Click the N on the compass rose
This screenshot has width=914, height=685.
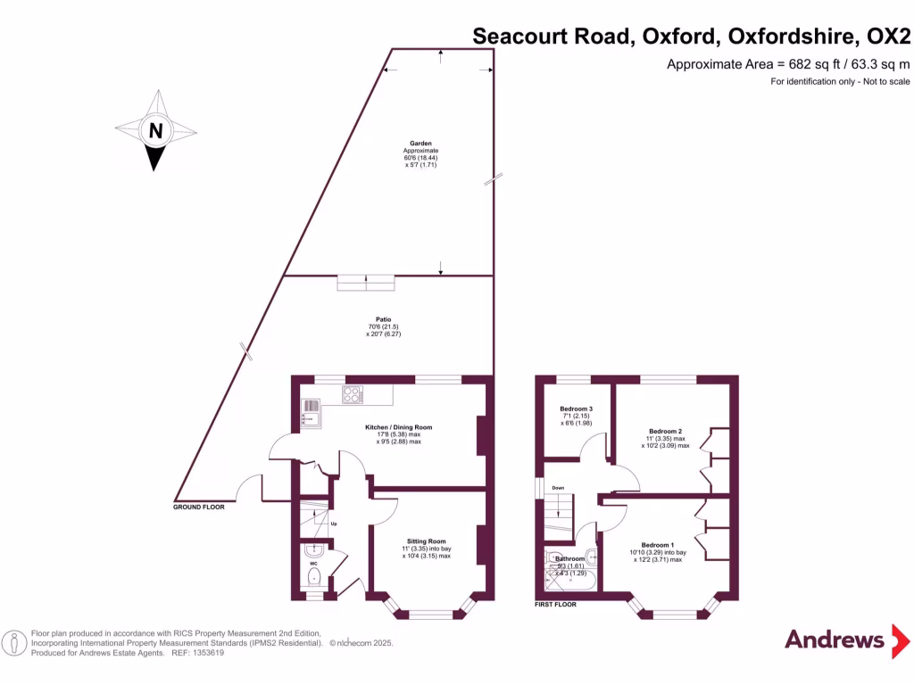[x=156, y=131]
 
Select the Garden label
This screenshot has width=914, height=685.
[x=420, y=143]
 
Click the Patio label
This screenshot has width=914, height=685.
[x=384, y=318]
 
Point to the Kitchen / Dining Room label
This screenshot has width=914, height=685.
[x=393, y=427]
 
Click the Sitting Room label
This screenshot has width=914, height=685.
[x=426, y=541]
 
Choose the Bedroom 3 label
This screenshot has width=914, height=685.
[x=577, y=409]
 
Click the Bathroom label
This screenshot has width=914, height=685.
[x=569, y=558]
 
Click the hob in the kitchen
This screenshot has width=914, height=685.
[x=352, y=393]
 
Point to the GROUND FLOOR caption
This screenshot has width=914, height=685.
[x=198, y=507]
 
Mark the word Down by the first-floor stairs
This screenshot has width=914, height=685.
[x=558, y=488]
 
